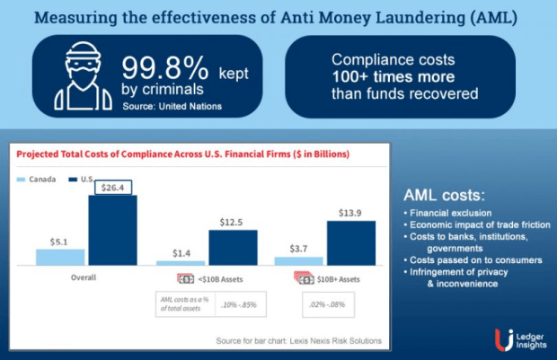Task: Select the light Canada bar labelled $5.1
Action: [60, 257]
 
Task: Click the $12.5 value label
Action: [234, 221]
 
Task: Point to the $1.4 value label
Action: [181, 254]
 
